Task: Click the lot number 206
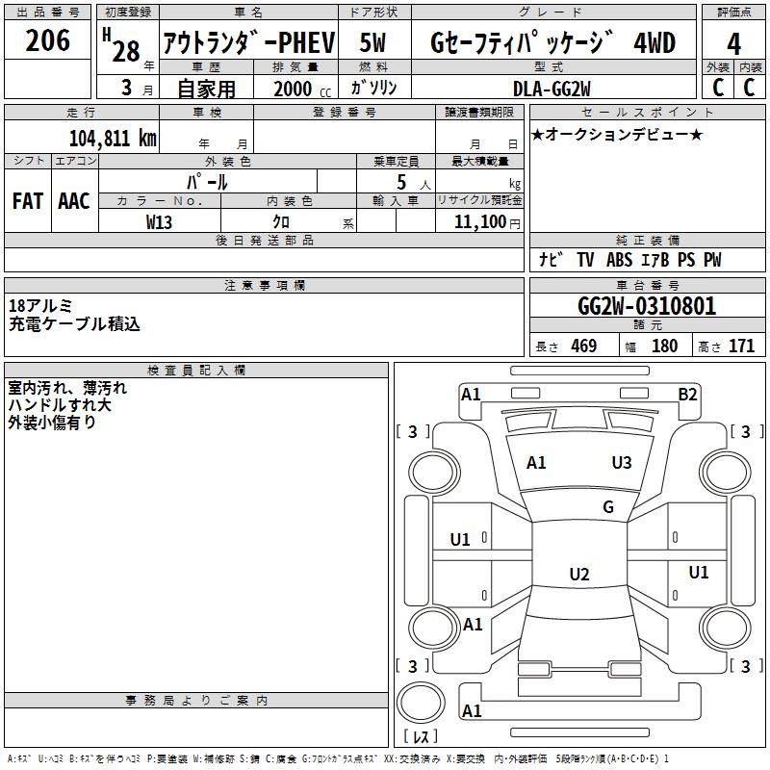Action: click(x=47, y=40)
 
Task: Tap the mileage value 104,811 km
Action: click(x=113, y=139)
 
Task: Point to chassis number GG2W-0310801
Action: click(x=646, y=307)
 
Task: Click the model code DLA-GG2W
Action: click(x=552, y=89)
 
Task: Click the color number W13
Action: click(x=159, y=221)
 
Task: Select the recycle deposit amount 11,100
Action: click(x=478, y=221)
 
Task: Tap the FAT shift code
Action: click(x=28, y=200)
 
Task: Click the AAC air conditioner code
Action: click(x=74, y=200)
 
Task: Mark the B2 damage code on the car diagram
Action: click(x=687, y=394)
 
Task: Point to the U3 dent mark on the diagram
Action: click(x=622, y=463)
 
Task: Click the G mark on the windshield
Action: click(x=608, y=507)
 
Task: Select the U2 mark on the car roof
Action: click(x=579, y=575)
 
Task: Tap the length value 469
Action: click(x=582, y=346)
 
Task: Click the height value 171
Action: click(x=741, y=346)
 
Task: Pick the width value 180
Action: click(x=664, y=346)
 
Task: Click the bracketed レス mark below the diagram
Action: click(x=420, y=736)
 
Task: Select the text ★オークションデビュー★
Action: click(x=617, y=134)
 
